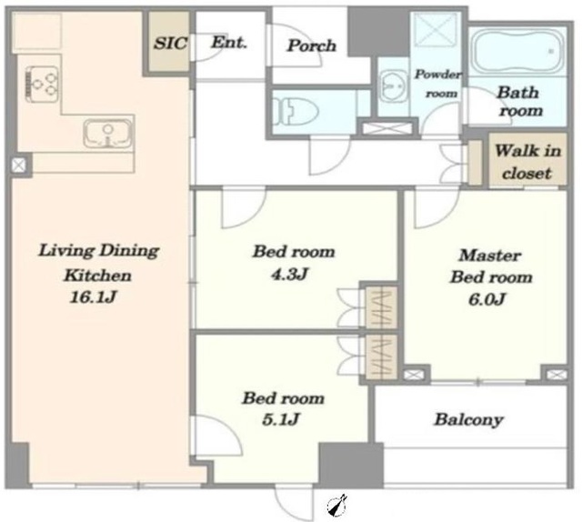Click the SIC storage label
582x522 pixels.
pos(170,44)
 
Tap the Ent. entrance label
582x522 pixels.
pos(229,43)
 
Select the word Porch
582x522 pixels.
pos(312,45)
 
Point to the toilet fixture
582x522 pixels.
pos(295,111)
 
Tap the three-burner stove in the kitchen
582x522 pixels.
pos(42,85)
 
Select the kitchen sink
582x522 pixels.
pos(107,134)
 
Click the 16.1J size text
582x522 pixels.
pos(93,297)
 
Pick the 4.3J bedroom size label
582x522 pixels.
pos(289,275)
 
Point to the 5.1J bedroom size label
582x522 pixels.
pos(281,420)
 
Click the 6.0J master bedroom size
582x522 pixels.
pos(487,299)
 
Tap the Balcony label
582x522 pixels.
pos(469,419)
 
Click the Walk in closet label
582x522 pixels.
pos(527,162)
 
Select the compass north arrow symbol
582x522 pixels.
pos(337,506)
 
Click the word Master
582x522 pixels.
pos(490,256)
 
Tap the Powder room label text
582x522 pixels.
pos(438,84)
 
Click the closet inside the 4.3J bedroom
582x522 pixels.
pos(382,306)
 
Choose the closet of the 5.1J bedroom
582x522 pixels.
pos(382,356)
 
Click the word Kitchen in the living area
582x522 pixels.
pos(97,276)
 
